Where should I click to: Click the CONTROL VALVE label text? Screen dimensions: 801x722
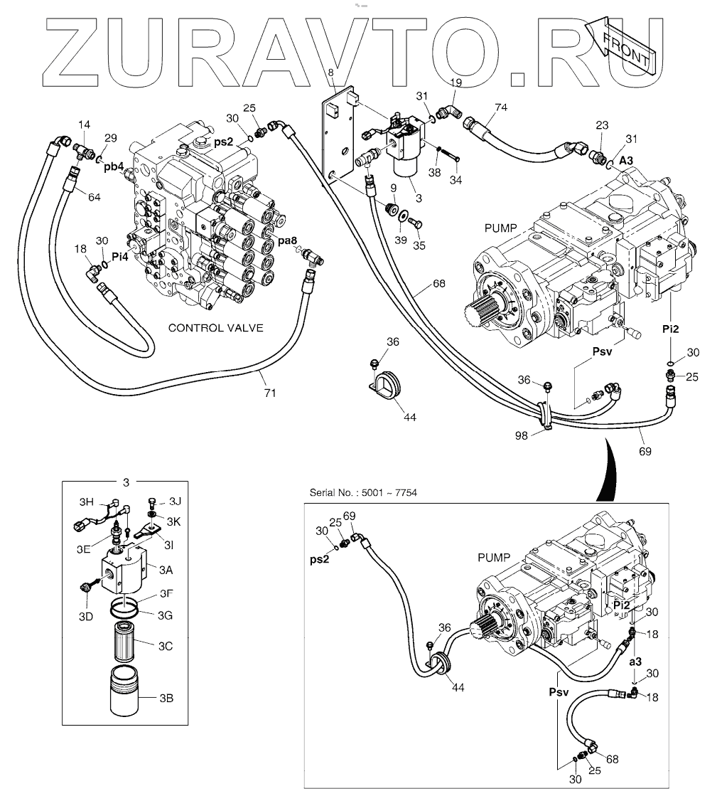point(215,328)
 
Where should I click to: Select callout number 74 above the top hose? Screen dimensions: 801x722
point(501,106)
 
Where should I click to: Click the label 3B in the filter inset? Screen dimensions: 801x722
point(167,698)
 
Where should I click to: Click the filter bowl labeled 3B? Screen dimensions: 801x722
point(130,691)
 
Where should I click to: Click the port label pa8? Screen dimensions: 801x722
point(287,242)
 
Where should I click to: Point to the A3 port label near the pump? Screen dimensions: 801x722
point(626,161)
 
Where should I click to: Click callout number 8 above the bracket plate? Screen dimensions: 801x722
point(331,73)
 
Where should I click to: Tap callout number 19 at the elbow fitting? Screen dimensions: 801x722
point(456,83)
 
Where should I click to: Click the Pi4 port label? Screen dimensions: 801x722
point(119,258)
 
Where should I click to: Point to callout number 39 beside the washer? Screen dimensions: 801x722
point(402,240)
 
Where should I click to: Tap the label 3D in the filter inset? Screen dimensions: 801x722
point(85,616)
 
